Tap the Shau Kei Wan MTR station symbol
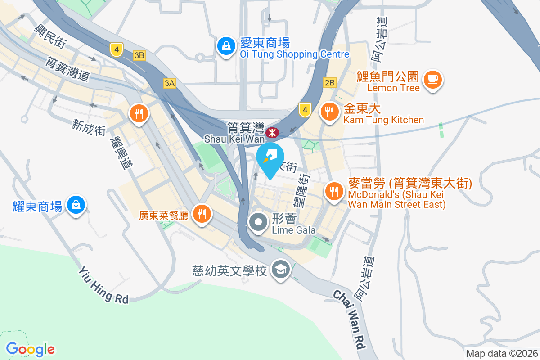click(x=272, y=133)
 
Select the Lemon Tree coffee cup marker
click(x=433, y=80)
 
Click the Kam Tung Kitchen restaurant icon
click(x=330, y=111)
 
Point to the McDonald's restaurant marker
click(x=333, y=191)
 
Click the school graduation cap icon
click(x=281, y=270)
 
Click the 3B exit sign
click(x=139, y=55)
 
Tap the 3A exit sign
click(x=169, y=83)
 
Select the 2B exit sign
click(x=329, y=82)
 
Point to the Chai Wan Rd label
click(x=349, y=320)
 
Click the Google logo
click(x=31, y=349)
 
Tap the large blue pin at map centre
click(x=270, y=158)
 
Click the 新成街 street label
click(x=88, y=127)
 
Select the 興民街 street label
click(x=50, y=35)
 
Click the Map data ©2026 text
click(x=502, y=354)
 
